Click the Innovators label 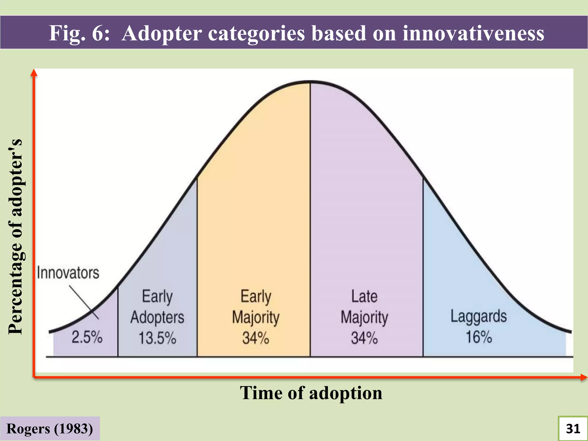click(68, 273)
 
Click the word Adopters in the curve click(157, 317)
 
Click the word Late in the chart click(364, 296)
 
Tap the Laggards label click(479, 317)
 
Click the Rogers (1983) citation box click(50, 429)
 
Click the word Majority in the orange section click(256, 317)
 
